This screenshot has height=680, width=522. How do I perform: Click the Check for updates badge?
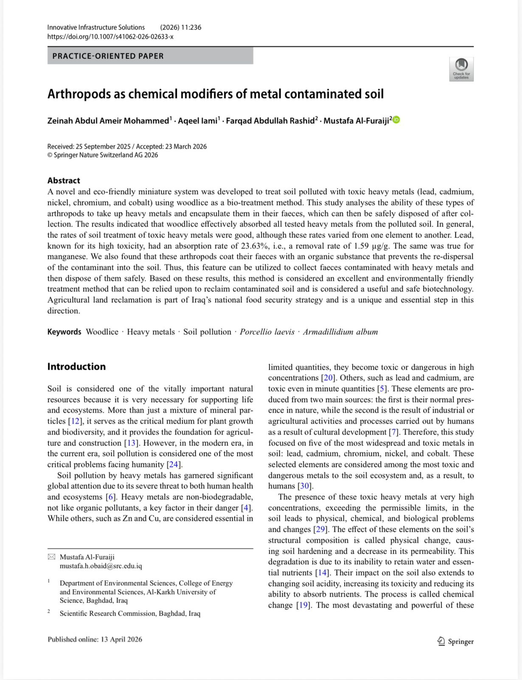tap(461, 69)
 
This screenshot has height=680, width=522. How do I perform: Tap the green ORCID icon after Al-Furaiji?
tap(396, 120)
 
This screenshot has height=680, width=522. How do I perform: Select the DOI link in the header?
tap(110, 37)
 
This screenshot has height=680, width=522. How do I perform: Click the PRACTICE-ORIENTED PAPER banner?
tap(150, 56)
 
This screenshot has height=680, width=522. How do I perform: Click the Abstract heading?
tap(64, 180)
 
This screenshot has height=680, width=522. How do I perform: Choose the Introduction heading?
tap(76, 366)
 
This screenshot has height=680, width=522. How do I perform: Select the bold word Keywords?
tap(64, 332)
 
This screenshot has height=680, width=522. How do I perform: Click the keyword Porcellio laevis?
tap(267, 332)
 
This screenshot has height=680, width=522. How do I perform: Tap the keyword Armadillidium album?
tap(340, 332)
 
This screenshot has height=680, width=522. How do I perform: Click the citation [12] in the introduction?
tap(75, 421)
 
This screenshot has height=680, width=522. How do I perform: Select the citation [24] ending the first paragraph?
tap(174, 465)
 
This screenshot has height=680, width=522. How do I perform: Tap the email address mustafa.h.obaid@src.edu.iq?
tap(101, 566)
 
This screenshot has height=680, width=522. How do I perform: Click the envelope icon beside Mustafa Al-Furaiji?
tap(51, 557)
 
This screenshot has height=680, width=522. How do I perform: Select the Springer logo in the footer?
tap(455, 641)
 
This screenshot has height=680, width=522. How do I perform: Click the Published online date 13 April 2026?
tap(121, 639)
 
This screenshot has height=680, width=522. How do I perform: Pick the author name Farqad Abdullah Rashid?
tap(270, 121)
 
